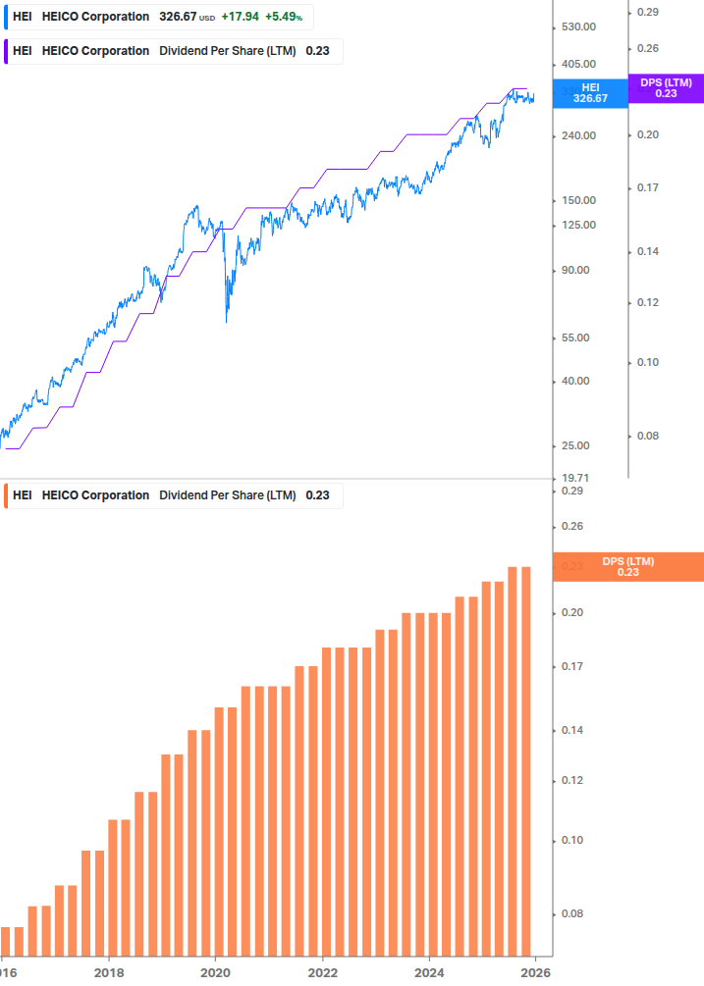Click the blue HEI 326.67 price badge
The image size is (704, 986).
pos(590,93)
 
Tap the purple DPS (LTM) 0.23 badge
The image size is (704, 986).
pos(666,88)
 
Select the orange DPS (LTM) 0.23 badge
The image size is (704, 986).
pos(627,567)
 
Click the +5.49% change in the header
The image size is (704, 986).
pos(284,18)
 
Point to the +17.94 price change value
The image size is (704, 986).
pos(240,18)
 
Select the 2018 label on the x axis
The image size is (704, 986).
pos(108,972)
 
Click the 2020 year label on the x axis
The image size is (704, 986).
pos(215,972)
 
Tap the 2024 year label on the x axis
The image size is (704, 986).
pos(429,972)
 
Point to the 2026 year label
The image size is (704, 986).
pos(535,972)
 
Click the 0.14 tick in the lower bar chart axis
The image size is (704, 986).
pos(571,731)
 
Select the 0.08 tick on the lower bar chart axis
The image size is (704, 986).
pos(571,914)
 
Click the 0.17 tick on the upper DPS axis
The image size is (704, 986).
pos(648,187)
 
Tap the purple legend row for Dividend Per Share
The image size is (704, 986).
pos(173,51)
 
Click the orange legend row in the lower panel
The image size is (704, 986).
pos(173,495)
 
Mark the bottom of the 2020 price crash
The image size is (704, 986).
pos(227,321)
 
